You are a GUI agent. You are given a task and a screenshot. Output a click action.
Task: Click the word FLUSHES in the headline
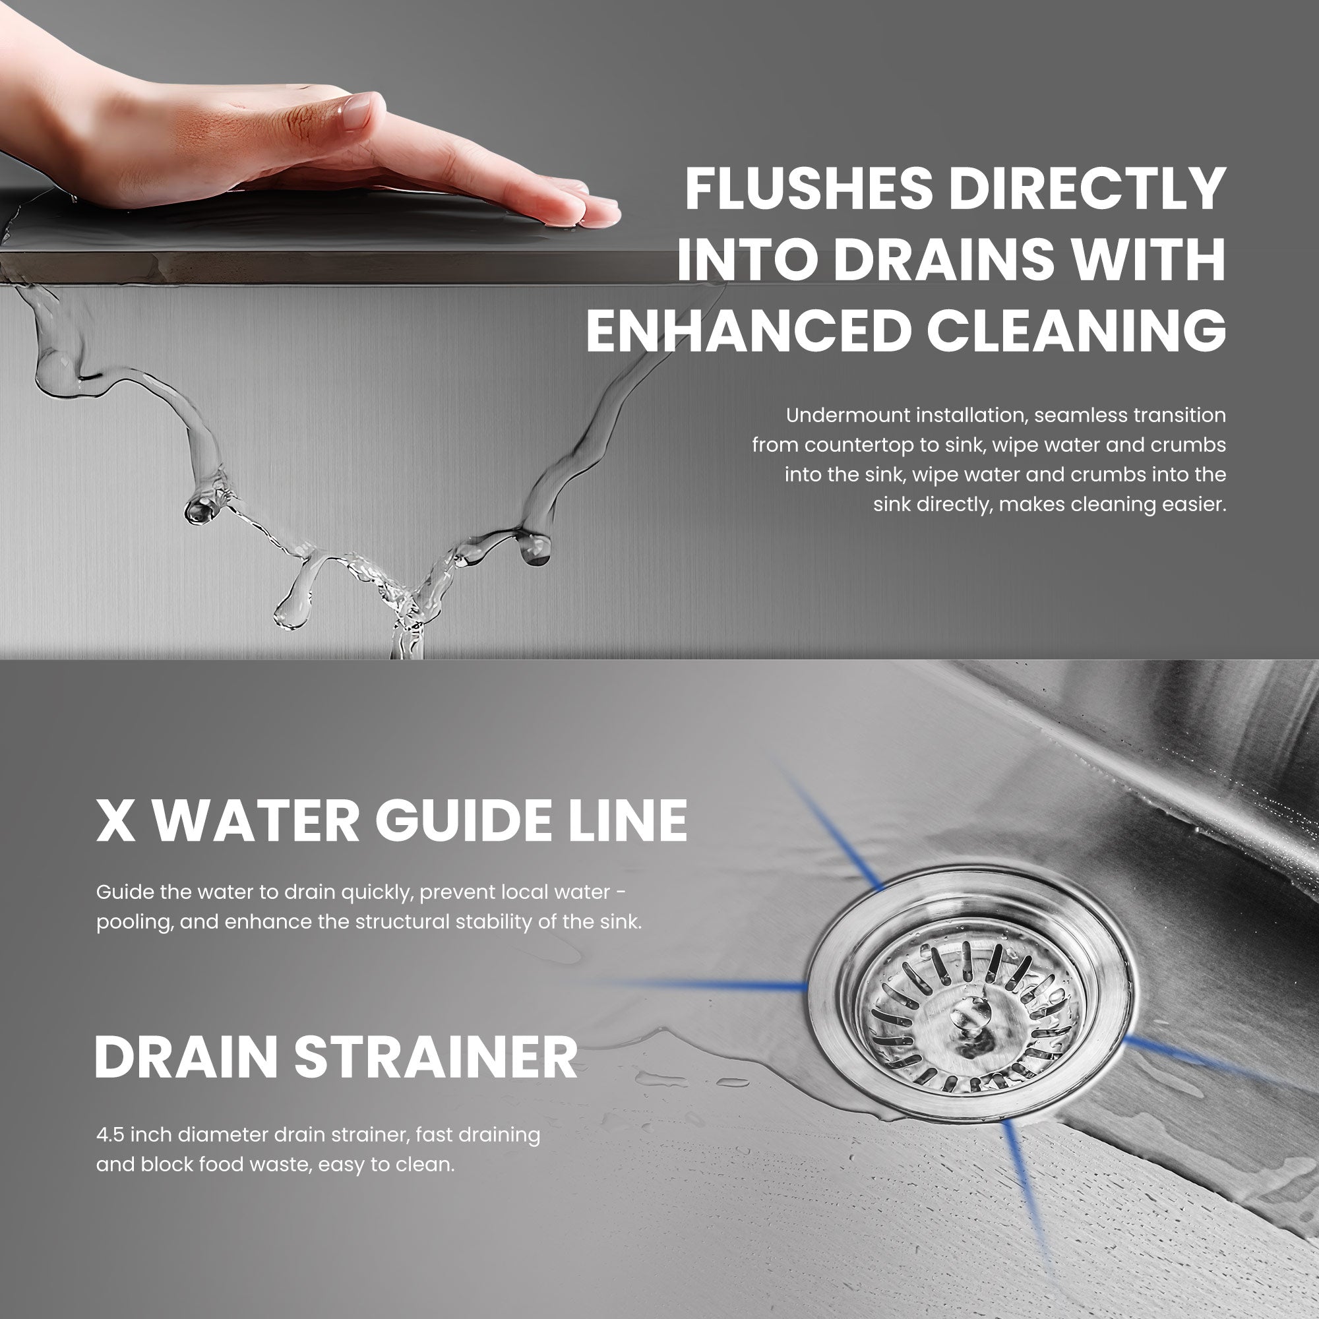809,189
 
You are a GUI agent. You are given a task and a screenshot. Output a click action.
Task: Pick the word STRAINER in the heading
435,1057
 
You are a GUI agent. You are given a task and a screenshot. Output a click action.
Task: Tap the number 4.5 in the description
110,1134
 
